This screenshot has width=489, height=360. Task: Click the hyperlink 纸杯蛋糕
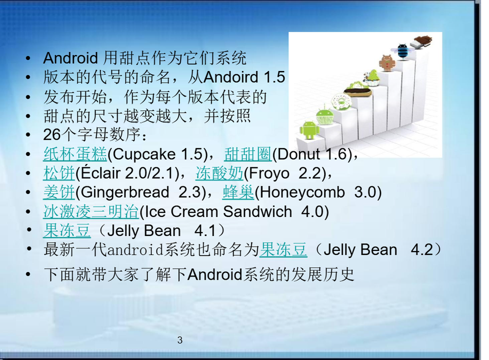[75, 154]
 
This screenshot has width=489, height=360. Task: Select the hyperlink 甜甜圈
[248, 154]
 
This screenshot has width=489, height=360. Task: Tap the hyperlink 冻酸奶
[220, 173]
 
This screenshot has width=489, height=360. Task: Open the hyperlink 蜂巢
[238, 192]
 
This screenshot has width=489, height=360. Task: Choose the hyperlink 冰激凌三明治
[91, 212]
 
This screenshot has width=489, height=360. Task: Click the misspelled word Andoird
[231, 77]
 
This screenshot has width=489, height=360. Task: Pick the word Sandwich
[257, 212]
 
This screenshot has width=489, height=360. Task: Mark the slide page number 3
[180, 340]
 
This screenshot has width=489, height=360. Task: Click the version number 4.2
[422, 250]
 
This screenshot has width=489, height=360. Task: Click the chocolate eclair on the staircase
[358, 92]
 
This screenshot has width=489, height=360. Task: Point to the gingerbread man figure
[387, 63]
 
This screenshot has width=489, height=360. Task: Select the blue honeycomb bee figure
[403, 51]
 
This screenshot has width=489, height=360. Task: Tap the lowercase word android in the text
[135, 250]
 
